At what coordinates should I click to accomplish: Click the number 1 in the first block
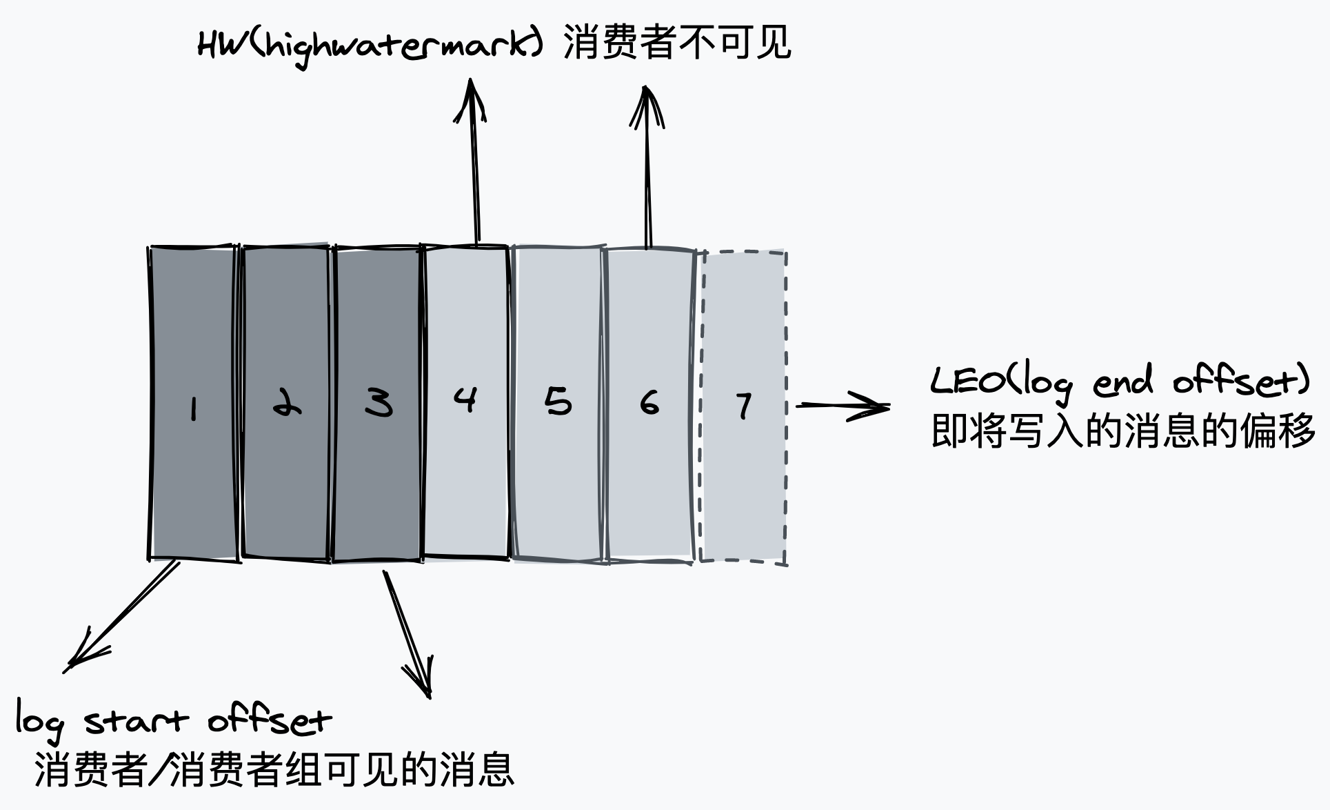click(x=194, y=408)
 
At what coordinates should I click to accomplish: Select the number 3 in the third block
click(x=379, y=402)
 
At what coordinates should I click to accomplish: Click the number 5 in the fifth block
click(x=558, y=401)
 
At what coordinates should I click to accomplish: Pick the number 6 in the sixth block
click(x=649, y=402)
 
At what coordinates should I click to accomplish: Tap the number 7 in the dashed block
click(x=743, y=406)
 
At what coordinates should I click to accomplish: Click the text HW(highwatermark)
click(x=370, y=45)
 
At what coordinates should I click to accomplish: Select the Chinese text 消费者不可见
click(x=677, y=43)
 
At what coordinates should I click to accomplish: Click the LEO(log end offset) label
click(x=1120, y=382)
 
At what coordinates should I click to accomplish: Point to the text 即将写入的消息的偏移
click(x=1123, y=432)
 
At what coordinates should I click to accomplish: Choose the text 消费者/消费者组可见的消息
click(x=274, y=769)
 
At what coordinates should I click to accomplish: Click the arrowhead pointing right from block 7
click(x=871, y=406)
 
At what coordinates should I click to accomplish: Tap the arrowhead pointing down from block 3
click(x=421, y=678)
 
